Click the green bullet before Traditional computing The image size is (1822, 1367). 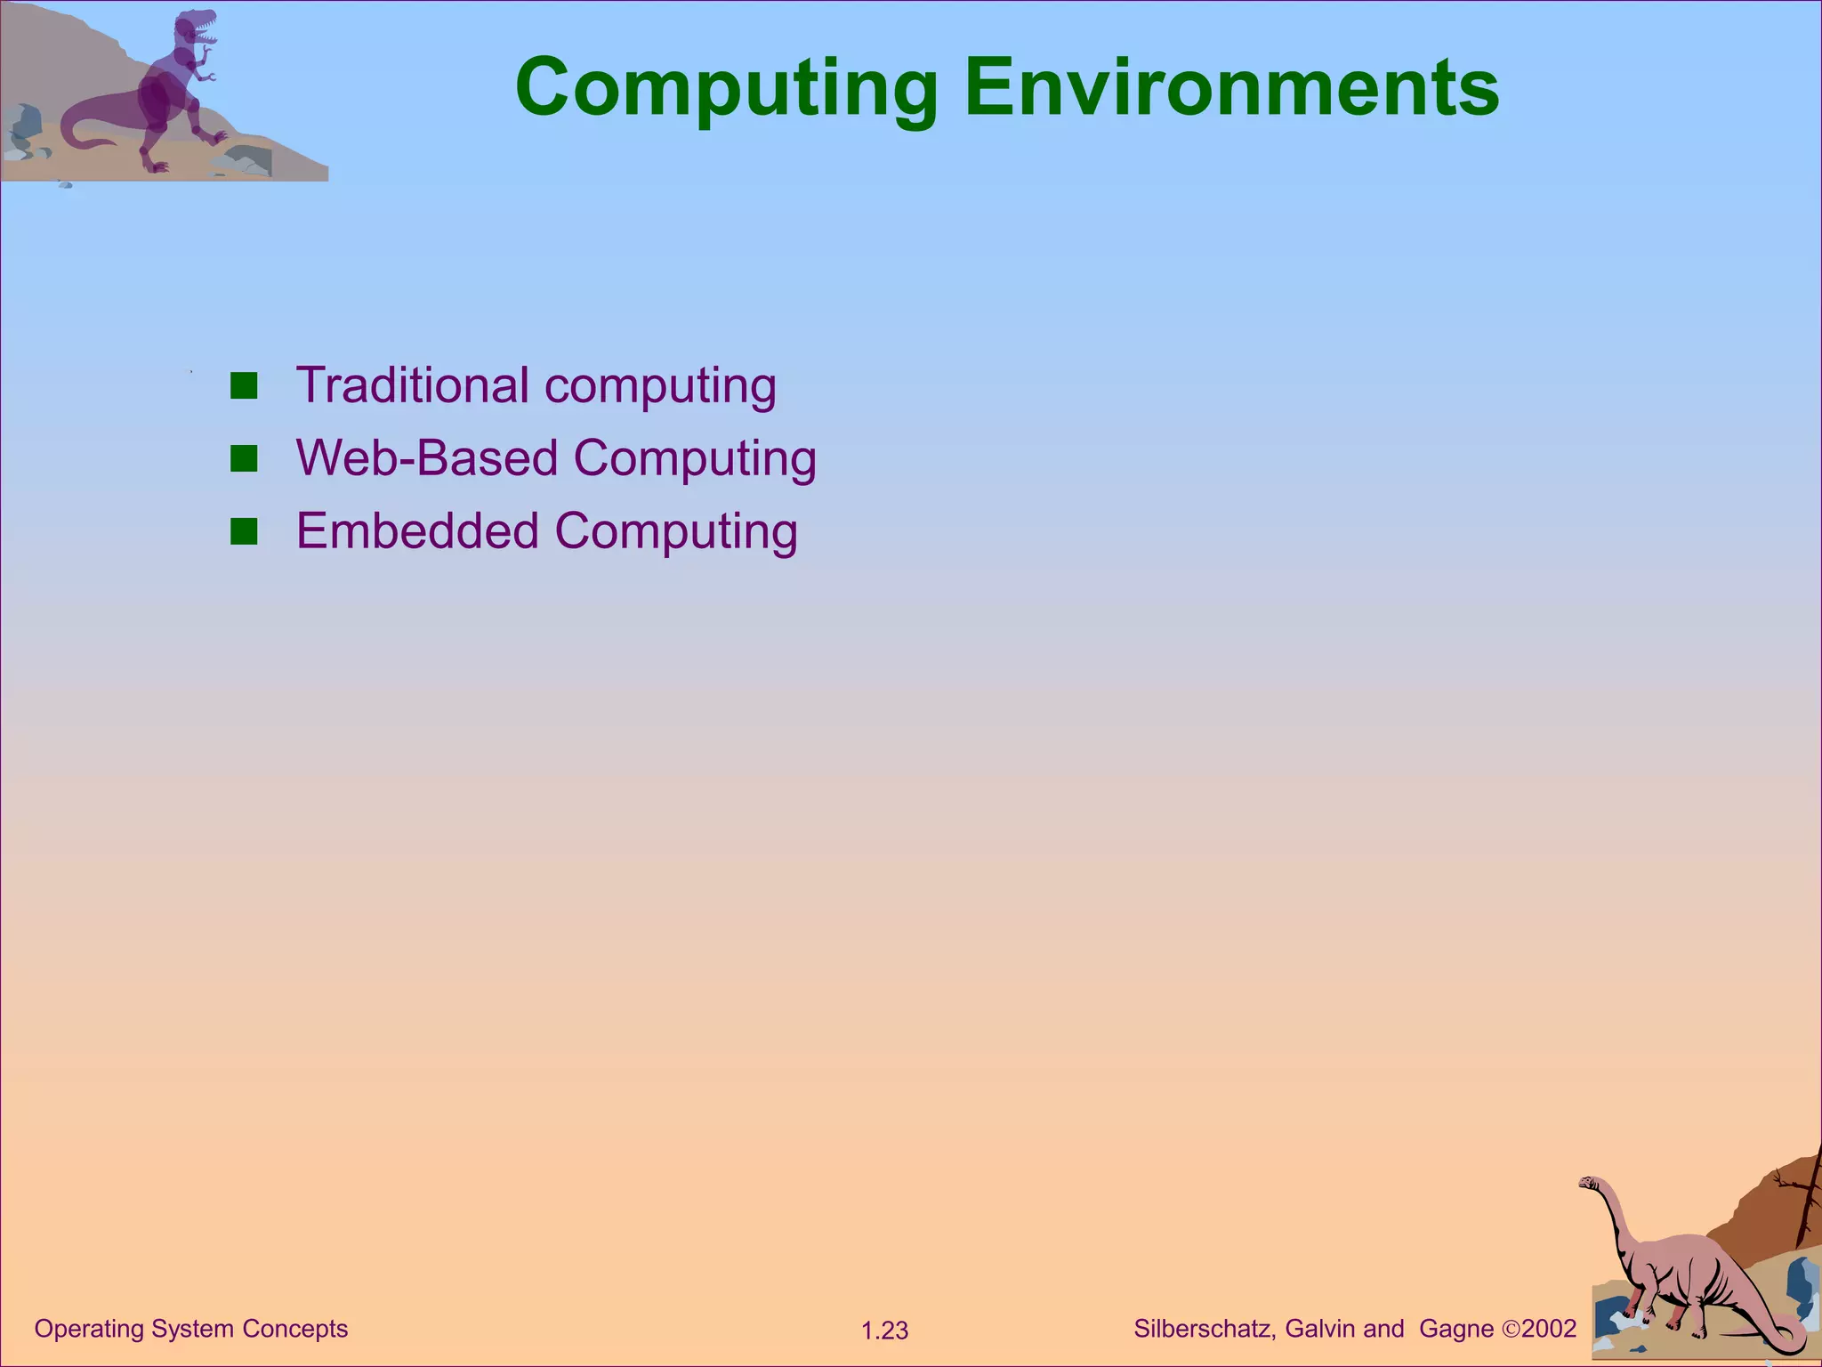point(244,386)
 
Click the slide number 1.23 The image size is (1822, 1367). point(884,1331)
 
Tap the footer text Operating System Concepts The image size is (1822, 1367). point(191,1329)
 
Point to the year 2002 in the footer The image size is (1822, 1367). point(1549,1329)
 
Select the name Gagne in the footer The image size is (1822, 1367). point(1456,1329)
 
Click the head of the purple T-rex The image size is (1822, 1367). point(198,26)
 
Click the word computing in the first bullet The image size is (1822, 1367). point(660,387)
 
